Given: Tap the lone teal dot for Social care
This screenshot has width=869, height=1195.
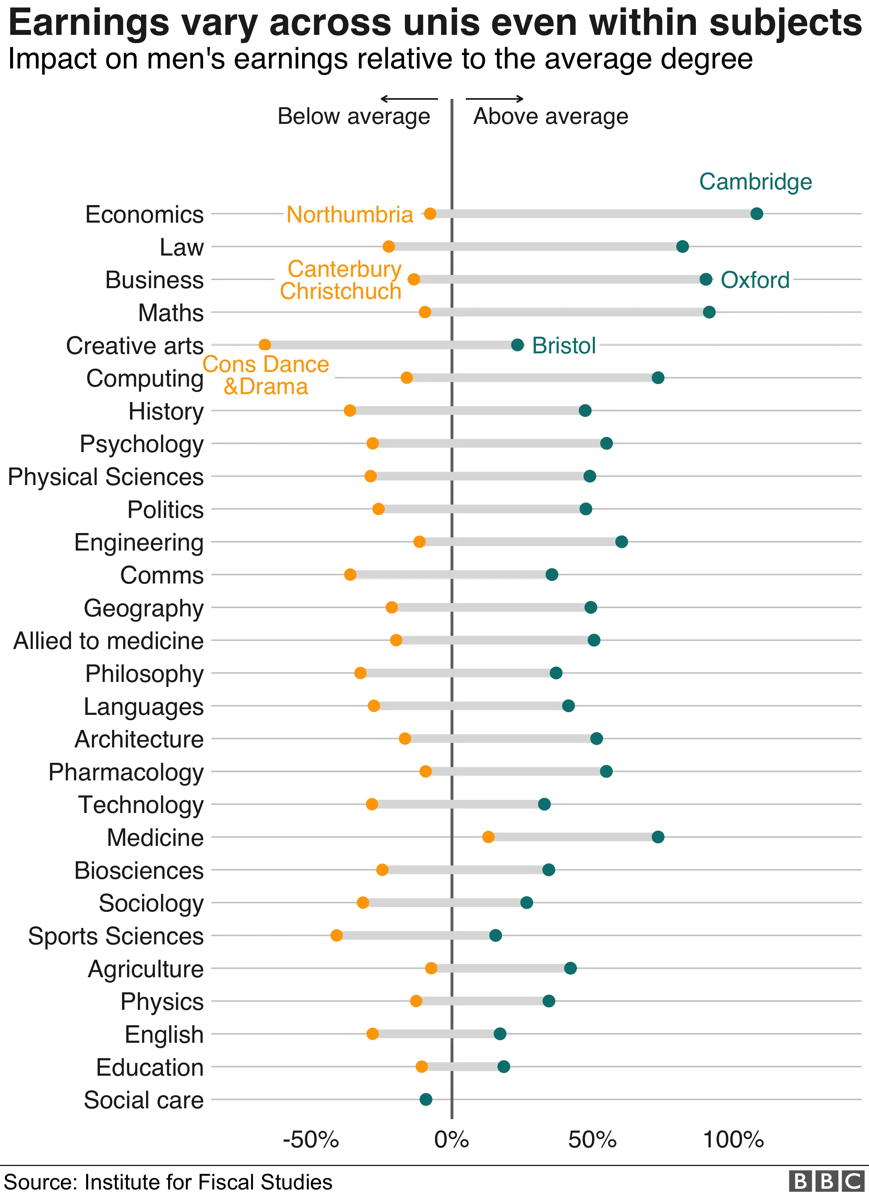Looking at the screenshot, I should point(426,1099).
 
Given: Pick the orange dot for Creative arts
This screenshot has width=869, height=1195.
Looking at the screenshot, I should point(265,345).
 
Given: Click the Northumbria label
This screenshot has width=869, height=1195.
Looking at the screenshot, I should point(349,214).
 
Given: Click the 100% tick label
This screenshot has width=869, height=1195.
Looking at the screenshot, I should point(733,1140).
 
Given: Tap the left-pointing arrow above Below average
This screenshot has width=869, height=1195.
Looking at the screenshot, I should point(408,98).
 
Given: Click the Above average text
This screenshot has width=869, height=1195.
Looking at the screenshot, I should point(550,116).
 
